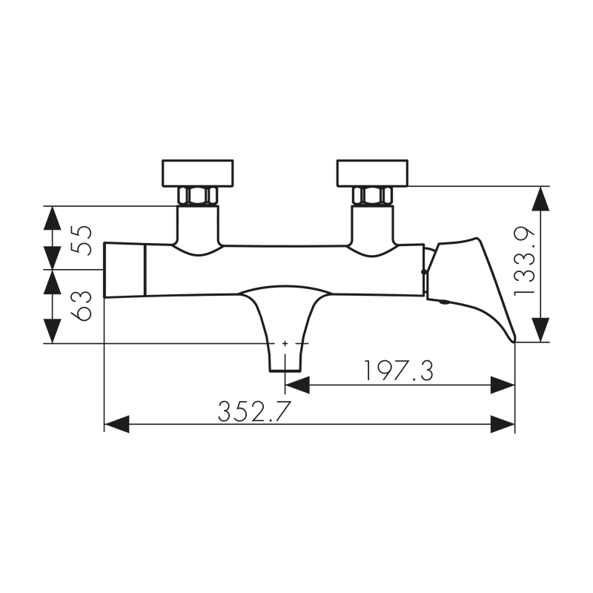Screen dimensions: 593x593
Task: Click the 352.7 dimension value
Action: pyautogui.click(x=254, y=411)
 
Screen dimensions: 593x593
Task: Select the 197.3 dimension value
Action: pyautogui.click(x=398, y=371)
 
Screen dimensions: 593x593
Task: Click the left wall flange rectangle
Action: pyautogui.click(x=198, y=173)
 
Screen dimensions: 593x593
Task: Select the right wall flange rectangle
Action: pyautogui.click(x=372, y=173)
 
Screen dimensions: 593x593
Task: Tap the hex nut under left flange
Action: pyautogui.click(x=198, y=196)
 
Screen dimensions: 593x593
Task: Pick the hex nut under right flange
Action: pyautogui.click(x=372, y=196)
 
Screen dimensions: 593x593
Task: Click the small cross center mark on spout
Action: pyautogui.click(x=285, y=343)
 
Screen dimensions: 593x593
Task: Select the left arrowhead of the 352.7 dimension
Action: pyautogui.click(x=116, y=425)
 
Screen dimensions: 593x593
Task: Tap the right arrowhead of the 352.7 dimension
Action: pyautogui.click(x=503, y=425)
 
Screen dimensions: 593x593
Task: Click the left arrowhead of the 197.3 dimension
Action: pyautogui.click(x=297, y=385)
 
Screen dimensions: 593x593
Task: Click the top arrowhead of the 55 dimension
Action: pyautogui.click(x=52, y=218)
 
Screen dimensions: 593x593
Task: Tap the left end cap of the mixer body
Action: pyautogui.click(x=124, y=269)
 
